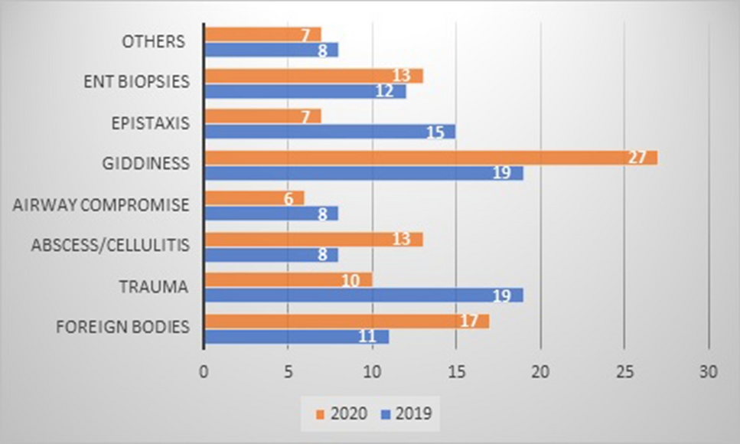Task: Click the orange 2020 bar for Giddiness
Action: click(x=430, y=158)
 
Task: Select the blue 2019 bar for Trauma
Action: click(x=363, y=295)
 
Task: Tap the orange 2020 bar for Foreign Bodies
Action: click(x=347, y=322)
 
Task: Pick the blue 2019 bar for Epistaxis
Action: click(x=330, y=132)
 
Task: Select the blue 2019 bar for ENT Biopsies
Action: click(x=305, y=91)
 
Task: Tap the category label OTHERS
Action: click(x=154, y=41)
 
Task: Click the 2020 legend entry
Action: click(x=341, y=413)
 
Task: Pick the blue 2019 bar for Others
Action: click(x=271, y=50)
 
